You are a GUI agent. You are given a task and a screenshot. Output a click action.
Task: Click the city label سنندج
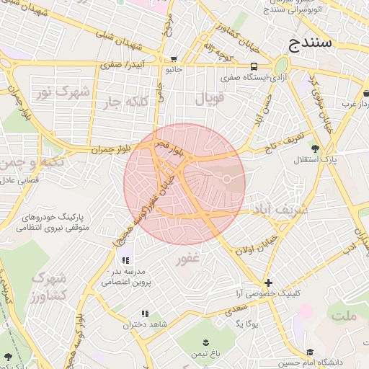pos(311,41)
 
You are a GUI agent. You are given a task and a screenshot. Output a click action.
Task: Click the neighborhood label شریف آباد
pos(280,209)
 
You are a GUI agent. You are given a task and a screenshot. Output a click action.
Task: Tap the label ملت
pos(344,316)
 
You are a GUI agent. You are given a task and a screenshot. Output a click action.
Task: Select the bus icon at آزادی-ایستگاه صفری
pos(253,66)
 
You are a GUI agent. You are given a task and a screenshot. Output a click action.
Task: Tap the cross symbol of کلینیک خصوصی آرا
pos(268,283)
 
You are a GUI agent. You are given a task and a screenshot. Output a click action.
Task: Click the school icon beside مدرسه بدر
pos(125,260)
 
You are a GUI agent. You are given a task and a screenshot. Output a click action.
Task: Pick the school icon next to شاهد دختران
pos(144,314)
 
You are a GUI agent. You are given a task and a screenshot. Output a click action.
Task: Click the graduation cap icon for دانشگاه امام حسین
pos(310,352)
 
